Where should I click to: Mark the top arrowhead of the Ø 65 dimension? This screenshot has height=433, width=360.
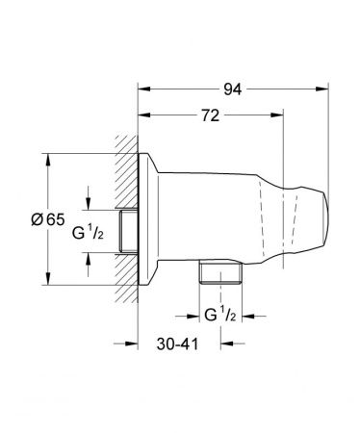(45, 156)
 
